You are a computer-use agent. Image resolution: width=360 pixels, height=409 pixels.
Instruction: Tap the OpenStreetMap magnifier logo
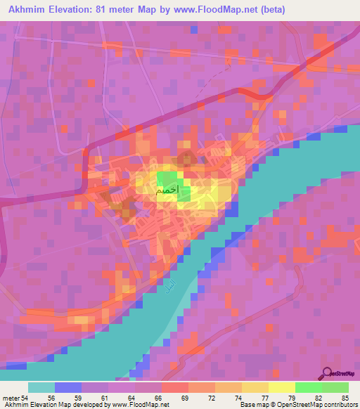pos(328,374)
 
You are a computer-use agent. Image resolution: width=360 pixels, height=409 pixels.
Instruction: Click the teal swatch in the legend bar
pos(41,387)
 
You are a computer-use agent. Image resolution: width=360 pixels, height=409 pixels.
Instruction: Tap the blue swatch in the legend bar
pos(68,387)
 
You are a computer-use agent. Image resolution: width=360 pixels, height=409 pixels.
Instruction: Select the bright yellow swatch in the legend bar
pos(281,387)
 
